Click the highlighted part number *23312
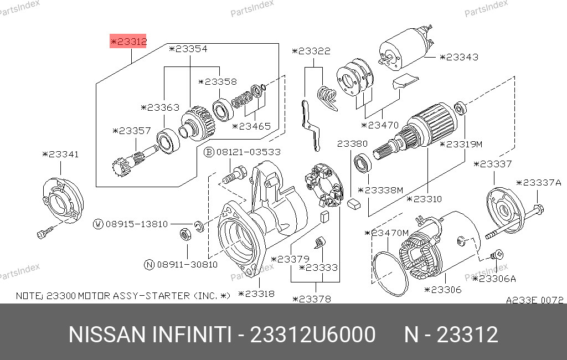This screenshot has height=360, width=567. tap(128, 42)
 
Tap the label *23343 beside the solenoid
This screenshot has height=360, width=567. tap(459, 57)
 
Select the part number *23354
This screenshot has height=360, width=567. tap(188, 49)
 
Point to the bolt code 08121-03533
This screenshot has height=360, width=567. tap(249, 152)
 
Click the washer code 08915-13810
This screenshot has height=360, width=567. tap(137, 224)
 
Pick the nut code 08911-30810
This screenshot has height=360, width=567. tap(187, 265)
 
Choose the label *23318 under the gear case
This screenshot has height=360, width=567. tap(256, 294)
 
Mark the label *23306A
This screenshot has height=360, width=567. tap(494, 279)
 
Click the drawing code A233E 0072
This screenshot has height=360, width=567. tap(534, 300)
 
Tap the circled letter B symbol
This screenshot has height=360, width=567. tap(209, 152)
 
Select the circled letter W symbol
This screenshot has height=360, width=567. tap(98, 224)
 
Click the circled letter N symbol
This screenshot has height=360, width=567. tap(150, 265)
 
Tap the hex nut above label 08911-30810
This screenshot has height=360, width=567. tap(186, 234)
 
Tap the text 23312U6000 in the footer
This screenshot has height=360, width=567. tap(313, 335)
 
